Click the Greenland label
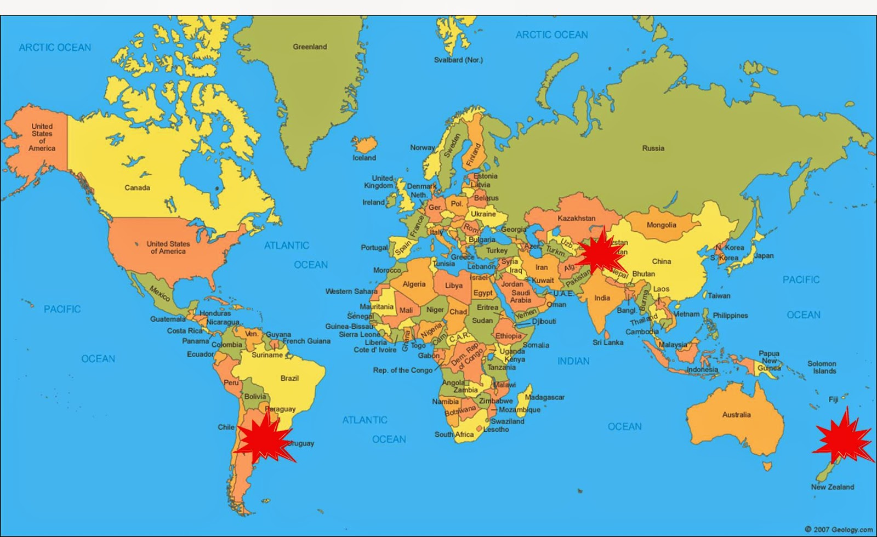pyautogui.click(x=310, y=47)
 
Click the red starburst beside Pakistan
pyautogui.click(x=600, y=253)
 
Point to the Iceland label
pyautogui.click(x=364, y=158)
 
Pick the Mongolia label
pyautogui.click(x=661, y=225)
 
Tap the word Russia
pyautogui.click(x=653, y=148)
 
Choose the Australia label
pyautogui.click(x=736, y=415)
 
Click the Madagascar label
pyautogui.click(x=544, y=397)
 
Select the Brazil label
pyautogui.click(x=289, y=378)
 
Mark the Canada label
pyautogui.click(x=137, y=188)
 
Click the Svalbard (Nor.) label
pyautogui.click(x=458, y=60)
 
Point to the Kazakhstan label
pyautogui.click(x=576, y=218)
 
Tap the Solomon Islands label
pyautogui.click(x=822, y=367)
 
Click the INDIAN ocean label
pyautogui.click(x=573, y=361)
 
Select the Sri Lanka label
pyautogui.click(x=608, y=342)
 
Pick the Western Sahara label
pyautogui.click(x=351, y=292)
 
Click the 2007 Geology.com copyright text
pyautogui.click(x=839, y=529)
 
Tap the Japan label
pyautogui.click(x=764, y=256)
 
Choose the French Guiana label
pyautogui.click(x=306, y=341)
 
